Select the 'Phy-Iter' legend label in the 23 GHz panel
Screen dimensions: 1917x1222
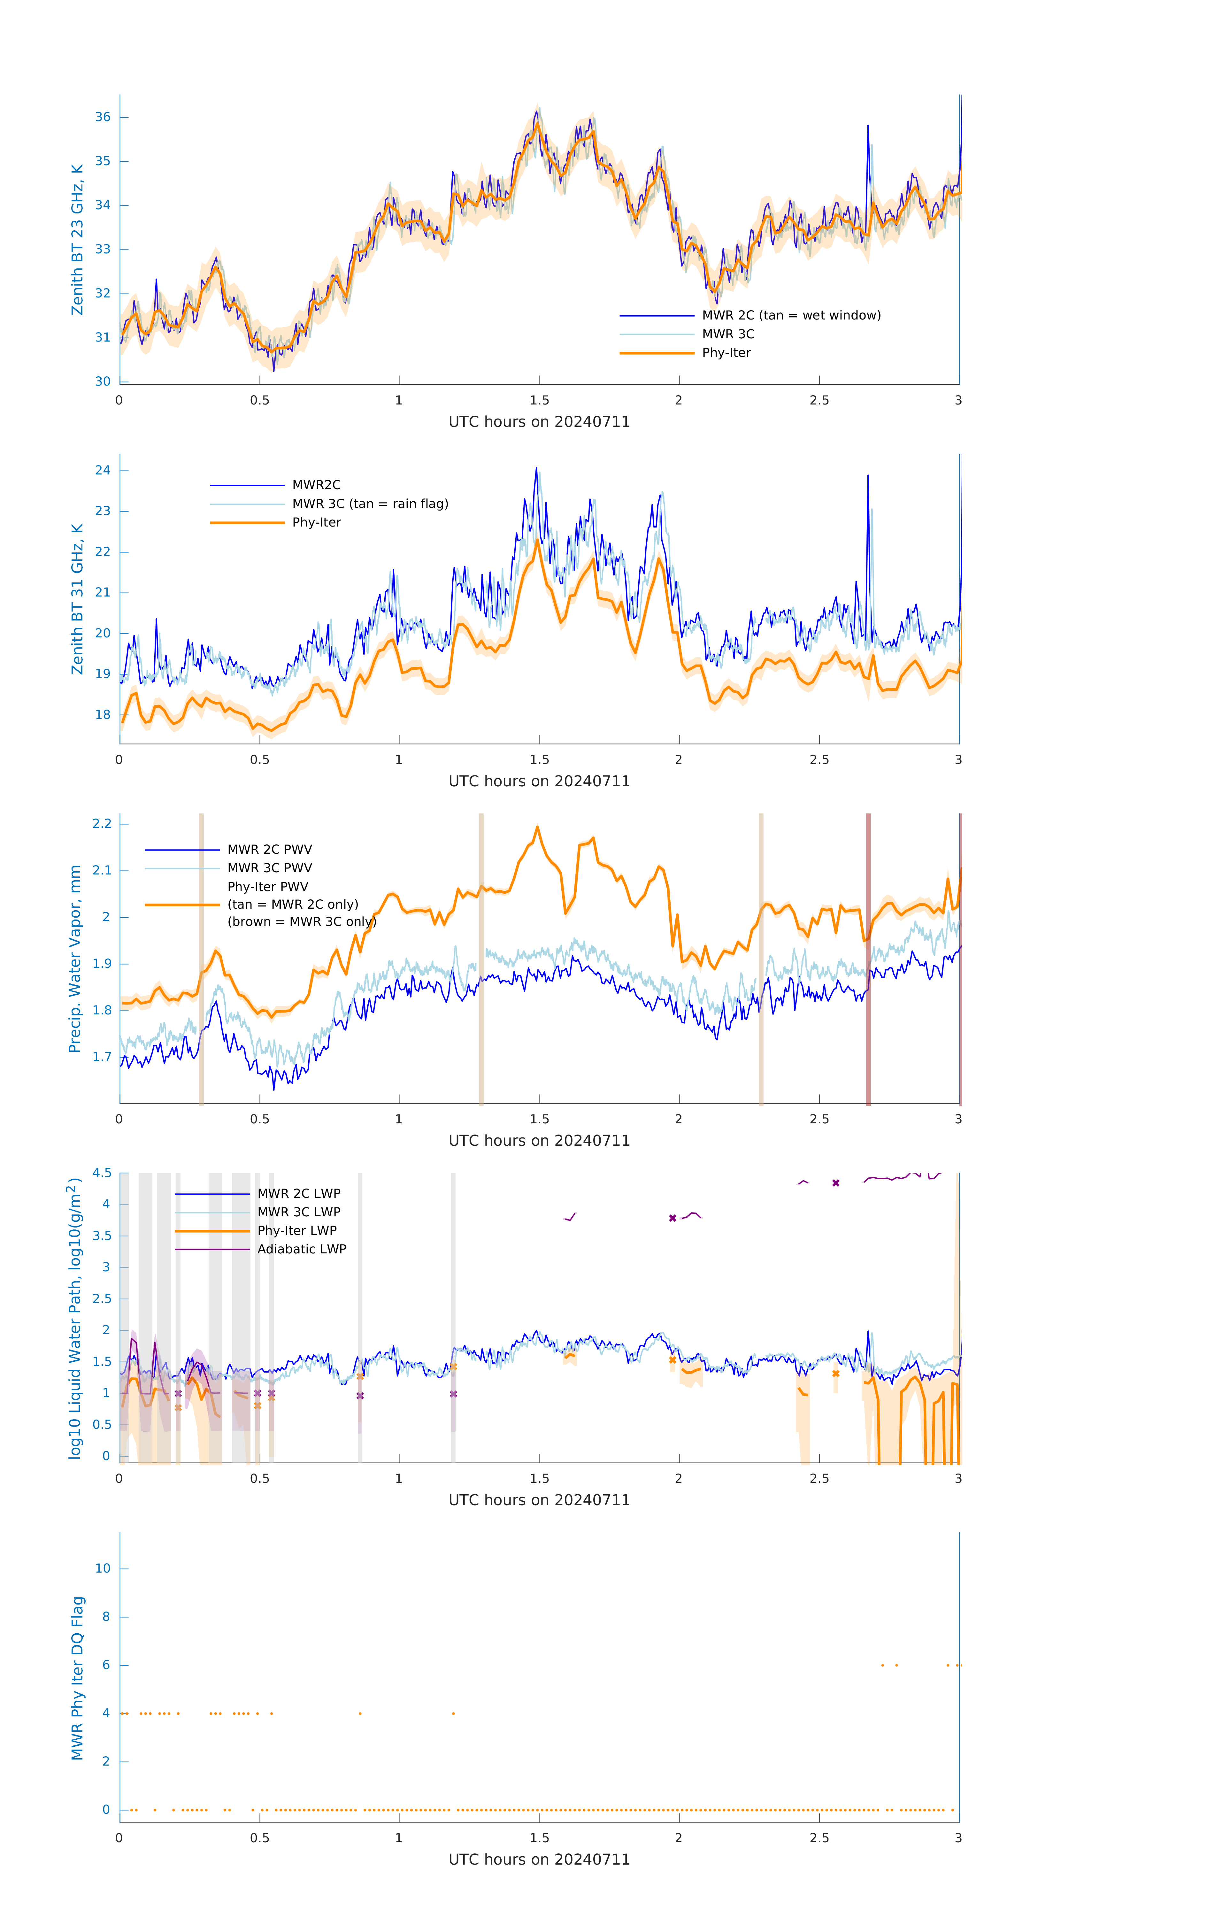pos(726,353)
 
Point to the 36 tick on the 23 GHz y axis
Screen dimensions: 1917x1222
pos(103,117)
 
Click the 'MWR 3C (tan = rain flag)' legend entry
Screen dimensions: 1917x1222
pos(370,504)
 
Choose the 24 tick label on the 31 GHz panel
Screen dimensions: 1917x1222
pos(103,471)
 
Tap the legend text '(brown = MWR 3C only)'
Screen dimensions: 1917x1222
pos(302,922)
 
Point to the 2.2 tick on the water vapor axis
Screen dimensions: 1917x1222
pos(102,823)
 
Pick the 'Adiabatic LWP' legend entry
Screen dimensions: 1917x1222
pos(302,1249)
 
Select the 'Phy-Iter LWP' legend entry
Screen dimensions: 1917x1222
pos(297,1231)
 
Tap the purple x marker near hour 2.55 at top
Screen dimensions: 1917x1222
pos(836,1183)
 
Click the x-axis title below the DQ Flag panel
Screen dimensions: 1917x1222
pos(539,1860)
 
